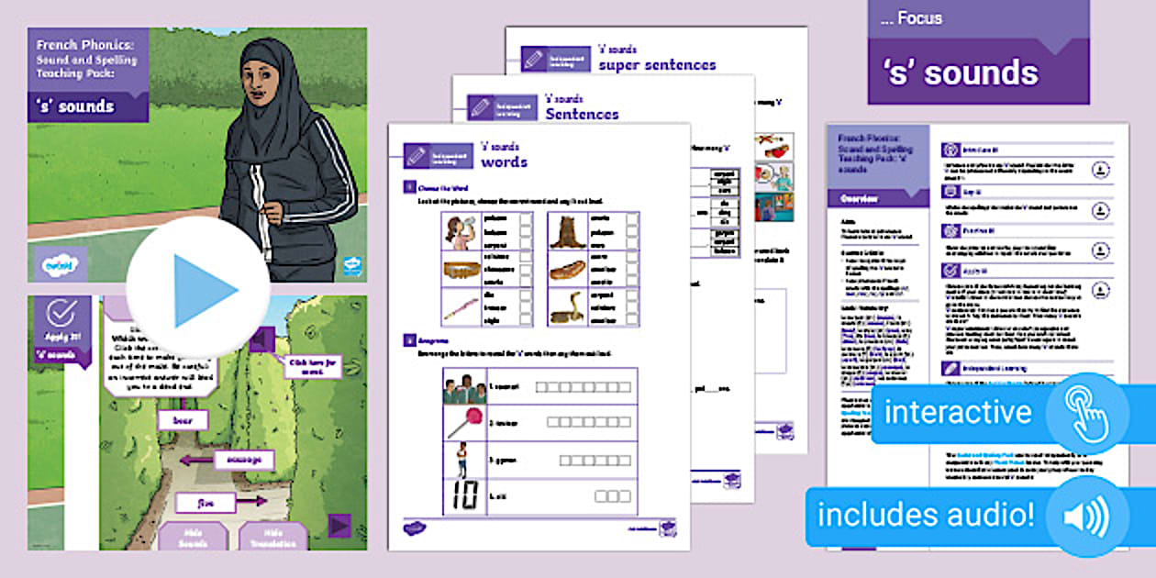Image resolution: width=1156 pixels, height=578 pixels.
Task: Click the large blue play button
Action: click(x=198, y=290)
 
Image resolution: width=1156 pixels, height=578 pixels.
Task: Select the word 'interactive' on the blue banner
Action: click(x=958, y=413)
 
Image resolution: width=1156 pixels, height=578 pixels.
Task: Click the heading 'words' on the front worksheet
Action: click(x=504, y=162)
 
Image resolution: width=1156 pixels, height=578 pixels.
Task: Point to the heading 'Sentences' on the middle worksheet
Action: click(x=582, y=115)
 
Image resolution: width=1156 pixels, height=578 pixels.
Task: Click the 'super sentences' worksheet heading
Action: click(x=657, y=65)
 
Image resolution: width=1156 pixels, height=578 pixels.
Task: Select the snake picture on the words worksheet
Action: click(x=567, y=309)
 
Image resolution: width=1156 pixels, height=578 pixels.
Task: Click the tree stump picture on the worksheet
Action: click(x=567, y=233)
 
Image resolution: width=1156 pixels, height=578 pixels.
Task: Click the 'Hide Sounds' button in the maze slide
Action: click(x=194, y=538)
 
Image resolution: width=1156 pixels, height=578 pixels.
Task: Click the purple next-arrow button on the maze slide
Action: click(x=340, y=526)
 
